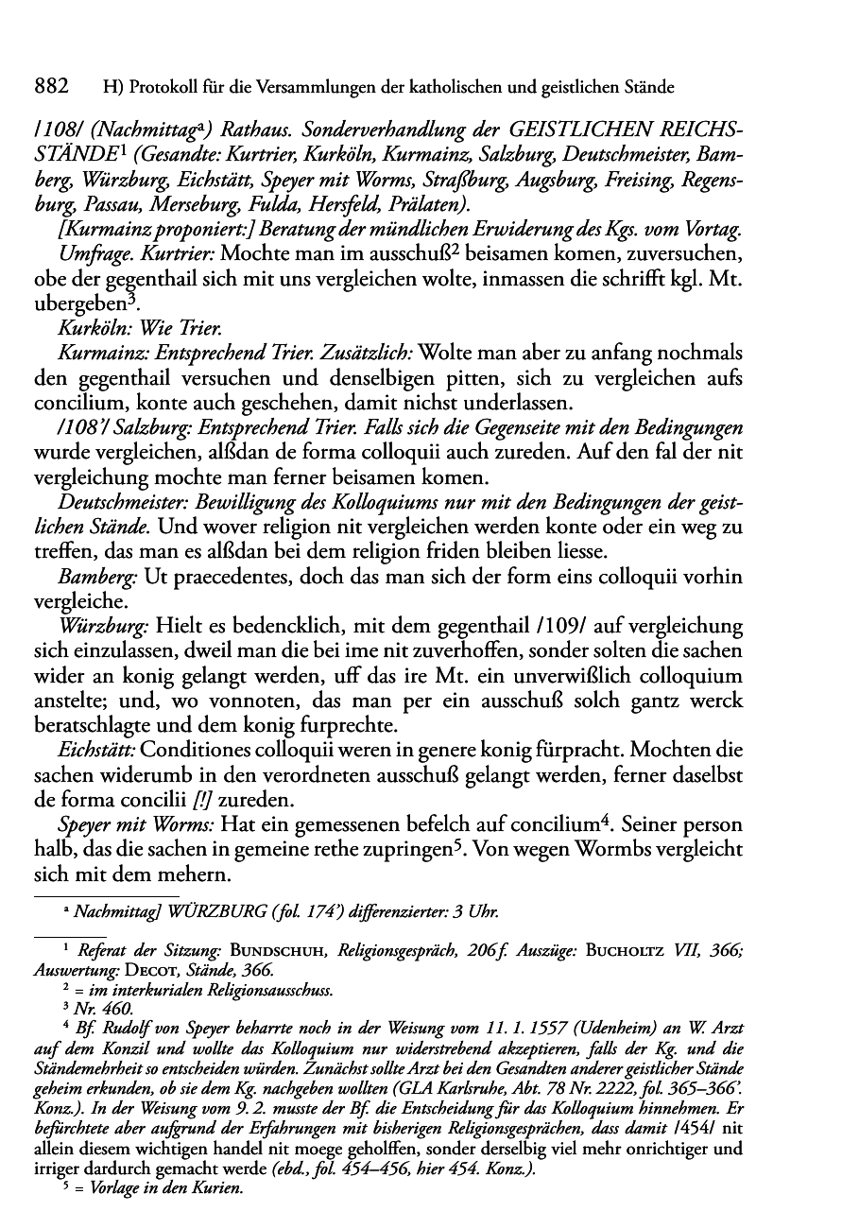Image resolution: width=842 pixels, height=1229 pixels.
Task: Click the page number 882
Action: [x=51, y=88]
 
